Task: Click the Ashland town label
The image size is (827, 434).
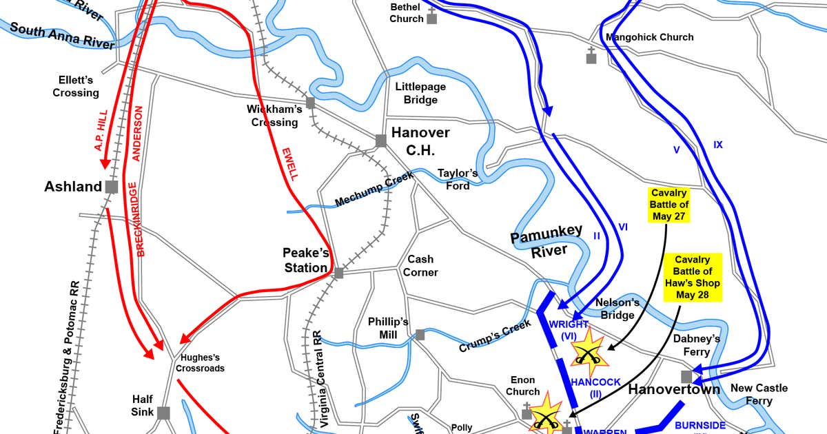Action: (73, 187)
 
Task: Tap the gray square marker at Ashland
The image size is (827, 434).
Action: (112, 187)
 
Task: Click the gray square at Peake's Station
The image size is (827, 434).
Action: (338, 273)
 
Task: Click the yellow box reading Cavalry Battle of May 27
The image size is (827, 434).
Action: (669, 205)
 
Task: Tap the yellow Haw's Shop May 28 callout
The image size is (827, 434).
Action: (697, 278)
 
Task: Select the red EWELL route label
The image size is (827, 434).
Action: (290, 164)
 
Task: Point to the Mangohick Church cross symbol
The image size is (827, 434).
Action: (591, 56)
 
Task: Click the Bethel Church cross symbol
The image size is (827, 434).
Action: (431, 17)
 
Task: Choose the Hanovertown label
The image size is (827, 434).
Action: (674, 390)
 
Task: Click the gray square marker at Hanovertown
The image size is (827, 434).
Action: (686, 376)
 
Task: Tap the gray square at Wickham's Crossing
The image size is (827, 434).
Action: (310, 103)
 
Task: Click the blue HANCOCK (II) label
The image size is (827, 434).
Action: (595, 387)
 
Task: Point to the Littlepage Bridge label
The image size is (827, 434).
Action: (420, 94)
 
